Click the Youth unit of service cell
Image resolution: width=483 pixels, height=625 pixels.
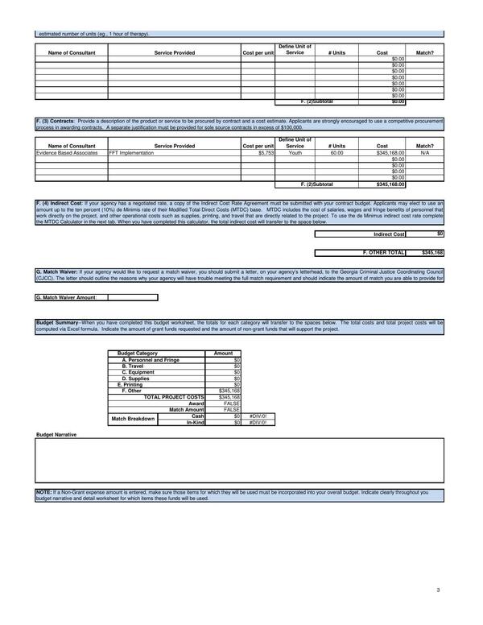pyautogui.click(x=295, y=152)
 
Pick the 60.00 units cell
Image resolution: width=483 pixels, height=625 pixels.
pyautogui.click(x=336, y=152)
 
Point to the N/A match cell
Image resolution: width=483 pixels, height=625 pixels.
pyautogui.click(x=424, y=152)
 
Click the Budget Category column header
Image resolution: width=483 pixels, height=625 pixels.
pyautogui.click(x=138, y=354)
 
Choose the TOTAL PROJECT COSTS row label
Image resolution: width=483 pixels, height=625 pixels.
pyautogui.click(x=174, y=397)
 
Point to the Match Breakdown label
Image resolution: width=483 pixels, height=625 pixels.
pyautogui.click(x=133, y=419)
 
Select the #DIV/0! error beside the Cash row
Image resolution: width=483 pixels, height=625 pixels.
pyautogui.click(x=258, y=416)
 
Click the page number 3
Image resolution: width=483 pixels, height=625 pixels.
pyautogui.click(x=438, y=591)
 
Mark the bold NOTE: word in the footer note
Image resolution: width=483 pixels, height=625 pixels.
pyautogui.click(x=43, y=491)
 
